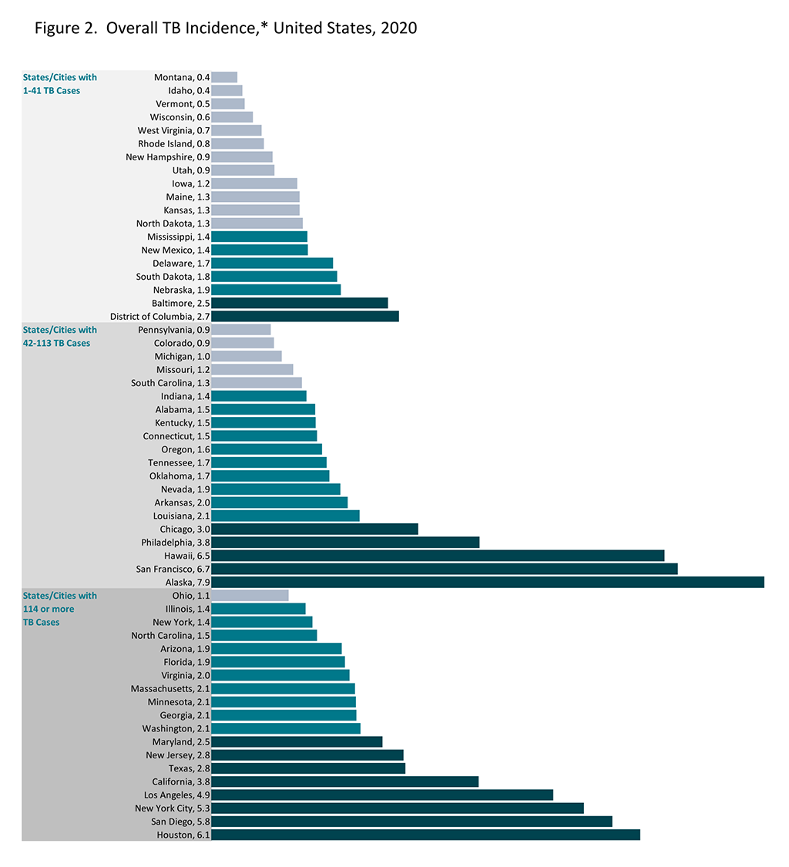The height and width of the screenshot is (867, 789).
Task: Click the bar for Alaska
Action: [x=487, y=582]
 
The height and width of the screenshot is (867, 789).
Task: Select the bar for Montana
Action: [x=224, y=77]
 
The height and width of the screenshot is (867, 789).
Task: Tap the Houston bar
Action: [x=425, y=835]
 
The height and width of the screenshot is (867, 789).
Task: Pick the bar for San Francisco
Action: [x=444, y=569]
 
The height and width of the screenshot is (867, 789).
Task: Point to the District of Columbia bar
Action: [x=305, y=316]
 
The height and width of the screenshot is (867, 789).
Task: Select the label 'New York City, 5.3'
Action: [x=173, y=808]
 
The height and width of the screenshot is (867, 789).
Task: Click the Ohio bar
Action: [x=250, y=596]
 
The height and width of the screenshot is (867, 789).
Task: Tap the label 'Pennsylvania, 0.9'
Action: [x=171, y=330]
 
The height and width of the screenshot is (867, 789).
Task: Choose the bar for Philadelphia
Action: [x=345, y=543]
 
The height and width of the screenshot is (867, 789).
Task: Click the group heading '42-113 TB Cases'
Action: [x=56, y=343]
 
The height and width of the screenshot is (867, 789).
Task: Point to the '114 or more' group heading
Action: [x=49, y=609]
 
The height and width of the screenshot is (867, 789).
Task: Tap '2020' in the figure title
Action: [x=400, y=29]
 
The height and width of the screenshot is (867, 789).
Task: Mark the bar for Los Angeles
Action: [x=382, y=795]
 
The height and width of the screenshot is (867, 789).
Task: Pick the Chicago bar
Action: [x=314, y=529]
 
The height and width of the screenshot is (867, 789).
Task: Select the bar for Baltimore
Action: [x=299, y=303]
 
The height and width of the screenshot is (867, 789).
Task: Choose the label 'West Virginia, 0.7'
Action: [x=173, y=130]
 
